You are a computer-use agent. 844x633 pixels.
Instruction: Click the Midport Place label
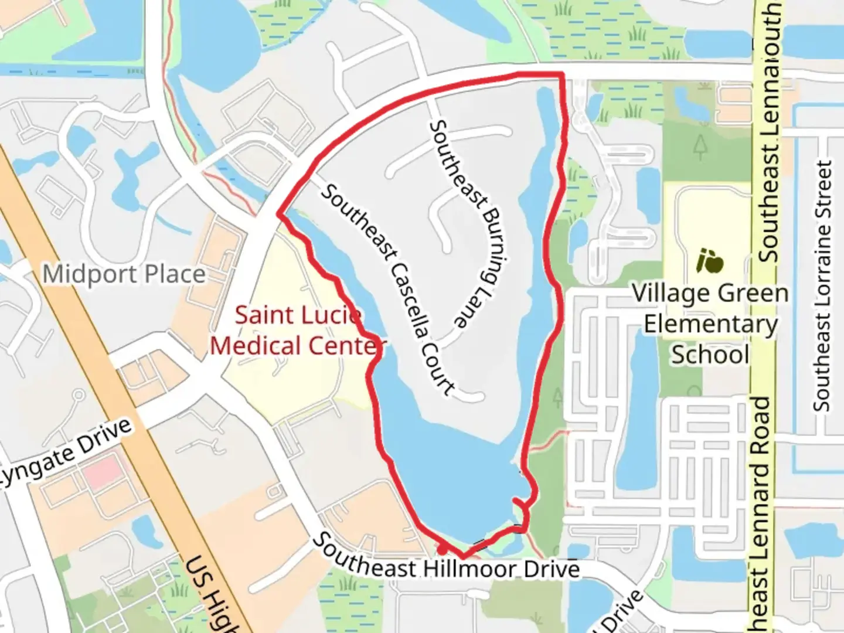click(x=124, y=274)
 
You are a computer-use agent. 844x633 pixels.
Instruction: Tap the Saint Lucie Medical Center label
click(x=298, y=331)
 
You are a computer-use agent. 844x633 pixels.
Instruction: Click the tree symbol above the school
click(x=700, y=147)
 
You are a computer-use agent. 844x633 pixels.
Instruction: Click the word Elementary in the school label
click(x=710, y=324)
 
